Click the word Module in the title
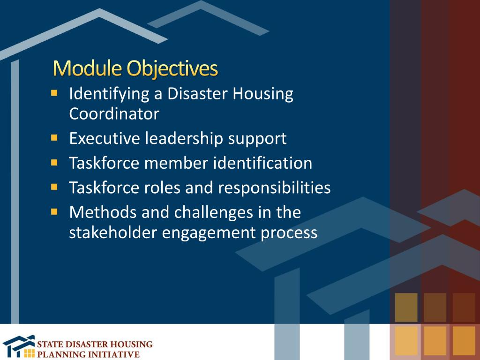pyautogui.click(x=88, y=68)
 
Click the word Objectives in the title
pyautogui.click(x=173, y=69)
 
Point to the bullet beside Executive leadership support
pyautogui.click(x=55, y=138)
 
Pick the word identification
pyautogui.click(x=262, y=163)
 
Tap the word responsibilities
pyautogui.click(x=274, y=188)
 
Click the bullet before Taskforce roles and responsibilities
pyautogui.click(x=55, y=187)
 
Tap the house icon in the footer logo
pyautogui.click(x=18, y=346)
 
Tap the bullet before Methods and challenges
pyautogui.click(x=55, y=211)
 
